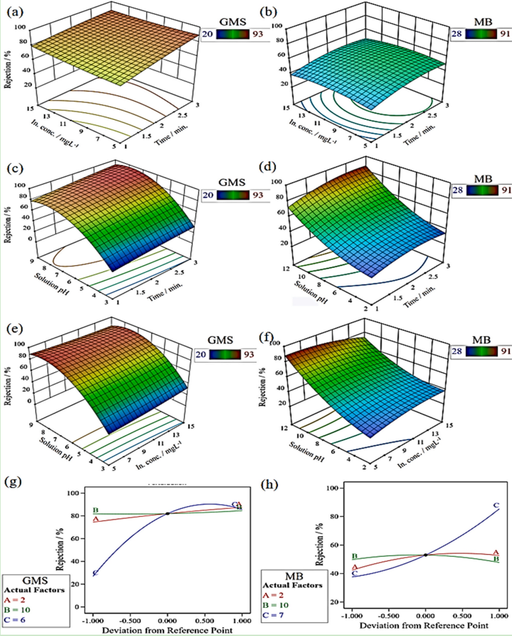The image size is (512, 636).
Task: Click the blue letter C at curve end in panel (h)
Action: [x=496, y=505]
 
